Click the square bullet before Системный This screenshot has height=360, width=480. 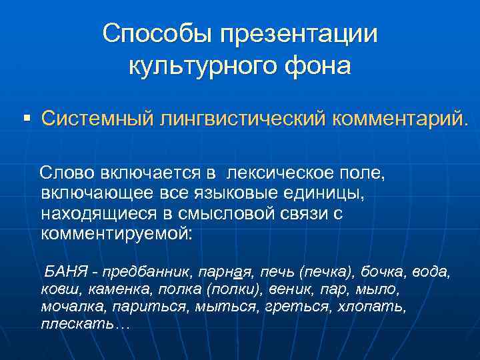(x=27, y=118)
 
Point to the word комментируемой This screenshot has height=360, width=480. (x=115, y=234)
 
